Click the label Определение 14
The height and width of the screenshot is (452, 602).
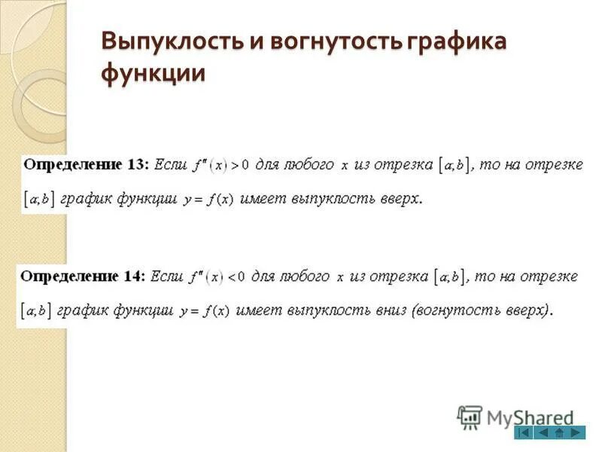tap(83, 276)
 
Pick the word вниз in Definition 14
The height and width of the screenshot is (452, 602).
tap(383, 310)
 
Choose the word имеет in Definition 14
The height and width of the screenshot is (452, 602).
tap(260, 310)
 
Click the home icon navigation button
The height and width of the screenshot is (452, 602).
tap(559, 433)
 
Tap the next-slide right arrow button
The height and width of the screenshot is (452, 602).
tap(576, 433)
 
